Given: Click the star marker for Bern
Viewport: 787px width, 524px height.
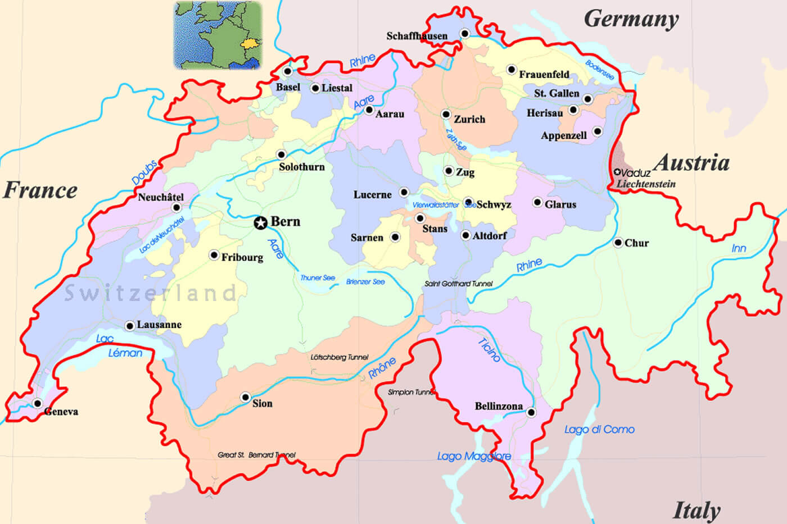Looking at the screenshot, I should pos(260,223).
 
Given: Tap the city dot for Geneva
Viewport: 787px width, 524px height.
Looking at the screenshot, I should pos(38,403).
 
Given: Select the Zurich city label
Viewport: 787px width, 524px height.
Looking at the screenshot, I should pos(469,119).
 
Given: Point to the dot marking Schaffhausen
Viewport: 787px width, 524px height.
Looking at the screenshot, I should pos(465,34).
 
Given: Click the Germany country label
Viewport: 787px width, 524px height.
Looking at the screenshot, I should pos(631,19).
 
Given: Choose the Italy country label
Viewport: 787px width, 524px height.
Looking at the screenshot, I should pos(696,511).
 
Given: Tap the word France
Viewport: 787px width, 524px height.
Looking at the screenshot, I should pos(40,190).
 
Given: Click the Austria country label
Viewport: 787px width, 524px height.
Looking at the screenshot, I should pos(693,163).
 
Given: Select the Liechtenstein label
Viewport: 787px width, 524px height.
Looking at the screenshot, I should pos(646,184).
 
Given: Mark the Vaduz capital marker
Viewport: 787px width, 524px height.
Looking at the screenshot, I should pos(618,172).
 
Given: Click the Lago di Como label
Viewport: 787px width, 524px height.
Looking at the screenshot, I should pos(599,430).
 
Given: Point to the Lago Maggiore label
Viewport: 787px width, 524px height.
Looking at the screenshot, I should pos(474,457).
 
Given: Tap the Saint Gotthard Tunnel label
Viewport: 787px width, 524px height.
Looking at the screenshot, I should pos(458,284).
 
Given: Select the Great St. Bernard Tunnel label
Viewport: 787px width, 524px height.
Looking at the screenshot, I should pos(256,455).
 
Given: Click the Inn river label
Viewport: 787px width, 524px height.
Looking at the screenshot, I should pos(739,248).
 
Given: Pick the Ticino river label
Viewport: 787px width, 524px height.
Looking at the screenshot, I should pos(489,350).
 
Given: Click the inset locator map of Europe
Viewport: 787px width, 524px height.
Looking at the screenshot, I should pos(218,35).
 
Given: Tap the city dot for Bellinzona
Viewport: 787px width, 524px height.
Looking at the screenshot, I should pos(531,413).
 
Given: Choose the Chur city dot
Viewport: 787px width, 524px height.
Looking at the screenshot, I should pos(618,243).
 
